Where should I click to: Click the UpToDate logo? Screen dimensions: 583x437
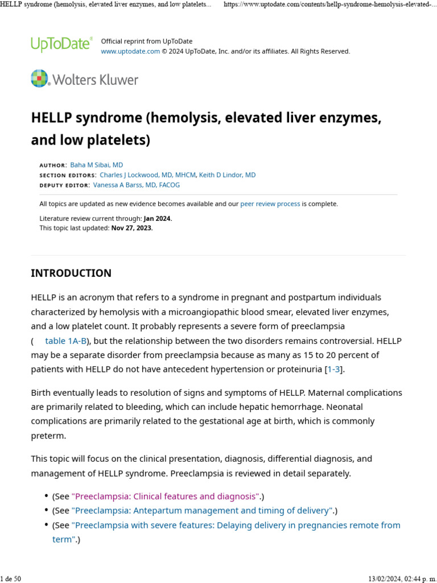coord(61,44)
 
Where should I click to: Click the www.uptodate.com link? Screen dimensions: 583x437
coord(130,51)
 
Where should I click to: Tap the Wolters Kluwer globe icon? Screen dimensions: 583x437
coord(40,79)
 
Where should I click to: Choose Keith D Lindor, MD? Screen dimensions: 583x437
coord(227,175)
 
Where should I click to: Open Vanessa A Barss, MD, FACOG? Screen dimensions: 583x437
coord(137,185)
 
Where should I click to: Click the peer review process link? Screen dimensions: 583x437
coord(270,204)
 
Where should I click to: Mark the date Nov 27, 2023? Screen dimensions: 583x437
coord(131,228)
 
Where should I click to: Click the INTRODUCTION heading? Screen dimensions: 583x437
coord(71,273)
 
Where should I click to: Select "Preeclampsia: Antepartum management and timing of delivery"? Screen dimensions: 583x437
coord(201,511)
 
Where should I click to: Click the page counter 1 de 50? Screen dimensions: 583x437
coord(11,578)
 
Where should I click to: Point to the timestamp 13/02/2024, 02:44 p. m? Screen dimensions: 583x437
coord(401,578)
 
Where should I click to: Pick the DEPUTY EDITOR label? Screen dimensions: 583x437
coord(64,186)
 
